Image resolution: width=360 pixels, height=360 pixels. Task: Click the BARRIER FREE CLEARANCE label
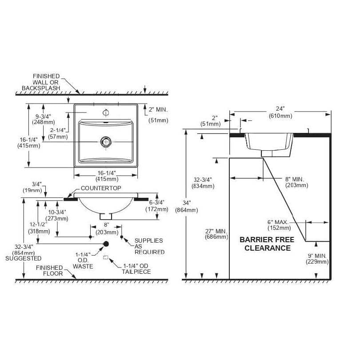point(265,244)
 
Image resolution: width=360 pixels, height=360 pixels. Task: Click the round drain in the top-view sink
point(105,141)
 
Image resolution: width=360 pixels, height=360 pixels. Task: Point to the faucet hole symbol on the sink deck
point(105,112)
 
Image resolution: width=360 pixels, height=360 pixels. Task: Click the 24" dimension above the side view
point(280,112)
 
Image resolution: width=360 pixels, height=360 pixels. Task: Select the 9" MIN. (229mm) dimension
point(317,259)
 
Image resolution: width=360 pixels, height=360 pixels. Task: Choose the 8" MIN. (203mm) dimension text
point(296,182)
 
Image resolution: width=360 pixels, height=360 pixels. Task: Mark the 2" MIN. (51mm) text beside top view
point(158,115)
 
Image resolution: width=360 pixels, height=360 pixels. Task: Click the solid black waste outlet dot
point(106,244)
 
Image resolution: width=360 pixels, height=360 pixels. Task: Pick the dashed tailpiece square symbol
point(105,258)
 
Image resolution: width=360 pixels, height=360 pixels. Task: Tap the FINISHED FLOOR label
point(49,271)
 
